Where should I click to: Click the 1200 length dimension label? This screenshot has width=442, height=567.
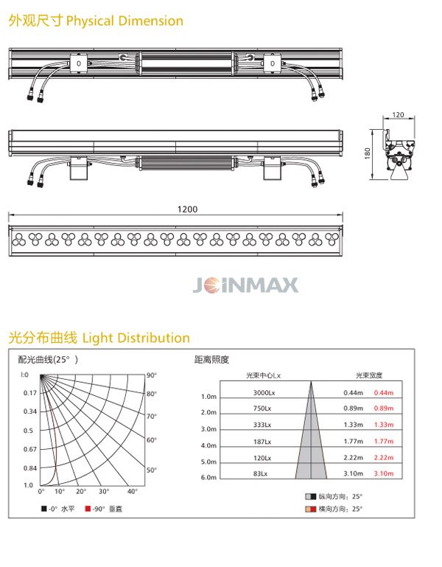click(x=187, y=209)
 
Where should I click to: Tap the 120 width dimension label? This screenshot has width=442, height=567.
click(x=398, y=114)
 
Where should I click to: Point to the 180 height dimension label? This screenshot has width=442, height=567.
click(x=368, y=153)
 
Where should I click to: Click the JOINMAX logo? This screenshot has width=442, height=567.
click(x=246, y=285)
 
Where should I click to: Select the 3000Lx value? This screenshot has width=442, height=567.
click(x=264, y=393)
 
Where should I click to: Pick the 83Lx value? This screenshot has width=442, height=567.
click(x=260, y=473)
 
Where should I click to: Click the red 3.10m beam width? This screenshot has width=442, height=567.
click(x=384, y=473)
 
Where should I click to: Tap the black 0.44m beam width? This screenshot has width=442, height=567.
click(x=353, y=393)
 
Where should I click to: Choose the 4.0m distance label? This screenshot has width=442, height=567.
click(x=208, y=445)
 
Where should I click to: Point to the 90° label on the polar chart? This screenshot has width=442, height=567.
click(x=152, y=375)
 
